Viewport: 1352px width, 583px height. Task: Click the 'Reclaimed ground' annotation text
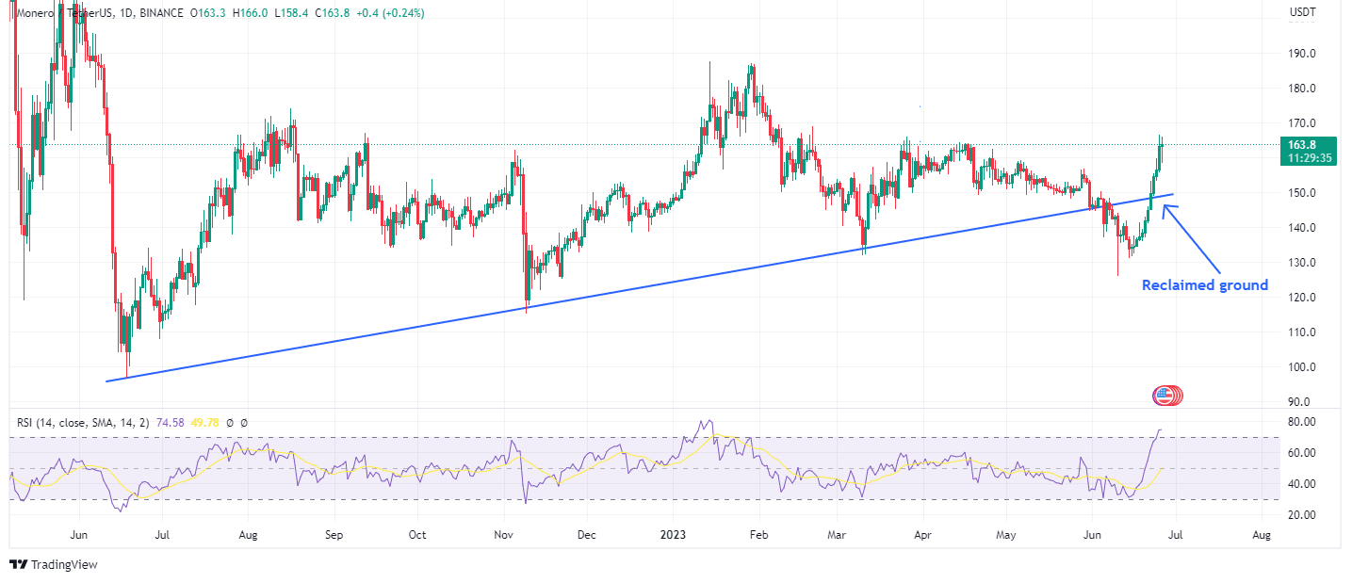1205,285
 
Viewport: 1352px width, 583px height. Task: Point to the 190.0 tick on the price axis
1303,54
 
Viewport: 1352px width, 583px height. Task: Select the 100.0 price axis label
1303,367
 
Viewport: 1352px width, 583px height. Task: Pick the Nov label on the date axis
503,535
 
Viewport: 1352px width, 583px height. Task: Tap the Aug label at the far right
1262,535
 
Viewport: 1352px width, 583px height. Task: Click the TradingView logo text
64,565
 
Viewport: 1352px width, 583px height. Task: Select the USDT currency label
1302,12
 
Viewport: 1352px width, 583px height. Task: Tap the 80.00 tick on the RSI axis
1303,422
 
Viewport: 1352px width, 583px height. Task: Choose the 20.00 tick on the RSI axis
1303,514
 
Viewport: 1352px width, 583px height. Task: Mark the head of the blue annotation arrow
1165,207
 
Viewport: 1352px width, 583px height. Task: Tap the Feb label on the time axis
759,535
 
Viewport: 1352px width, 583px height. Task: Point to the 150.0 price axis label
1303,193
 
